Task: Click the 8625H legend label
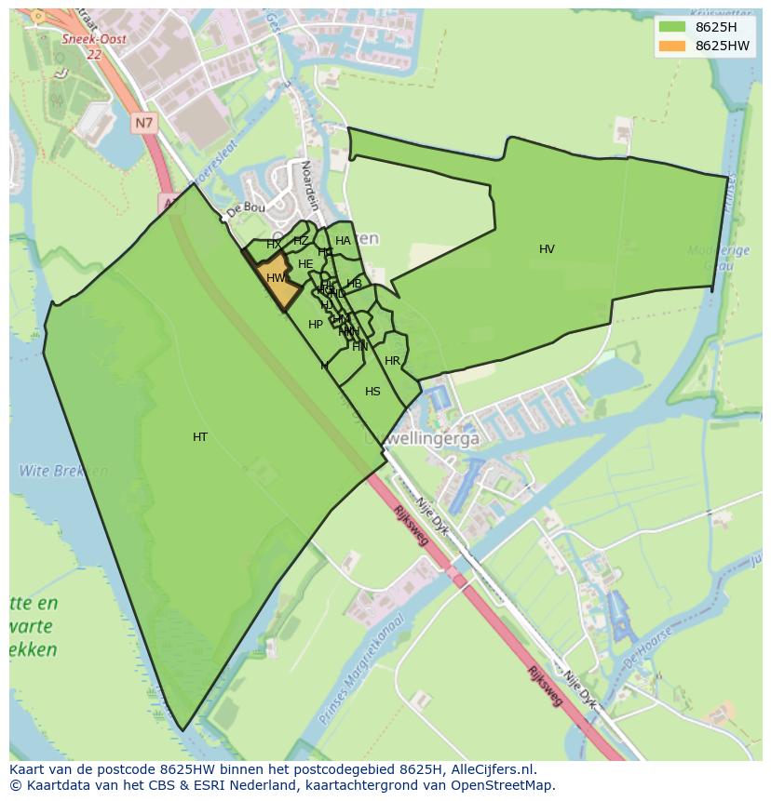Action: (716, 27)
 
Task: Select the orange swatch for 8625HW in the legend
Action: (671, 46)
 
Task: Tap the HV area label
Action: (547, 249)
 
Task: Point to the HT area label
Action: (200, 437)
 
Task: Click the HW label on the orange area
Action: (276, 278)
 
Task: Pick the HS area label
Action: (372, 392)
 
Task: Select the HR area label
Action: (392, 361)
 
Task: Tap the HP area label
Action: (316, 325)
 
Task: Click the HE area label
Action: (305, 264)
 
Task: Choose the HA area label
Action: (343, 241)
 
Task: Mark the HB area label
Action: (354, 284)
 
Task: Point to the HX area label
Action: (274, 245)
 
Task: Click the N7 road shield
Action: (142, 122)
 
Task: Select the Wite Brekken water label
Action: (55, 472)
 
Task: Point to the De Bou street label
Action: (246, 207)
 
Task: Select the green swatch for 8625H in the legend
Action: (671, 27)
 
